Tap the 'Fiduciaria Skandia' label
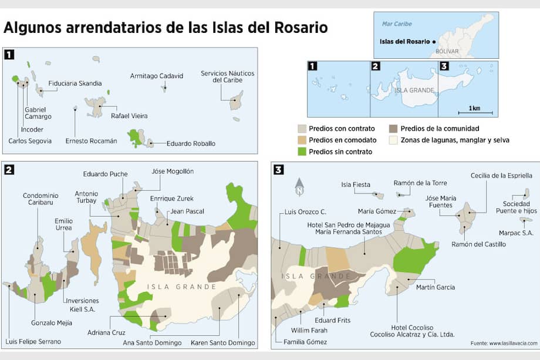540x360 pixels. [x=75, y=83]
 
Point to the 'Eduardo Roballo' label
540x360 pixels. [x=191, y=143]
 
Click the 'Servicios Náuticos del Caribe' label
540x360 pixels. [x=227, y=76]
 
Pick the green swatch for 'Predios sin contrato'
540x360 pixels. [x=302, y=152]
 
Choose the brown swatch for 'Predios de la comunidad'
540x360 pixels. [x=394, y=129]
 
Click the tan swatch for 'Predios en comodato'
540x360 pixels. [x=302, y=140]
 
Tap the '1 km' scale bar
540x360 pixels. [x=474, y=112]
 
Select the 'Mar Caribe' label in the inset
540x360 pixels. [x=397, y=24]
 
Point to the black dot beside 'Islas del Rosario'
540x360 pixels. [x=434, y=42]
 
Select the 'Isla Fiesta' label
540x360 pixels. [x=356, y=184]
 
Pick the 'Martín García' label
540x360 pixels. [x=436, y=287]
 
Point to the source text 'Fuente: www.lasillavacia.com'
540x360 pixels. [x=504, y=343]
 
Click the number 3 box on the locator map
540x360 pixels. [x=444, y=66]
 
